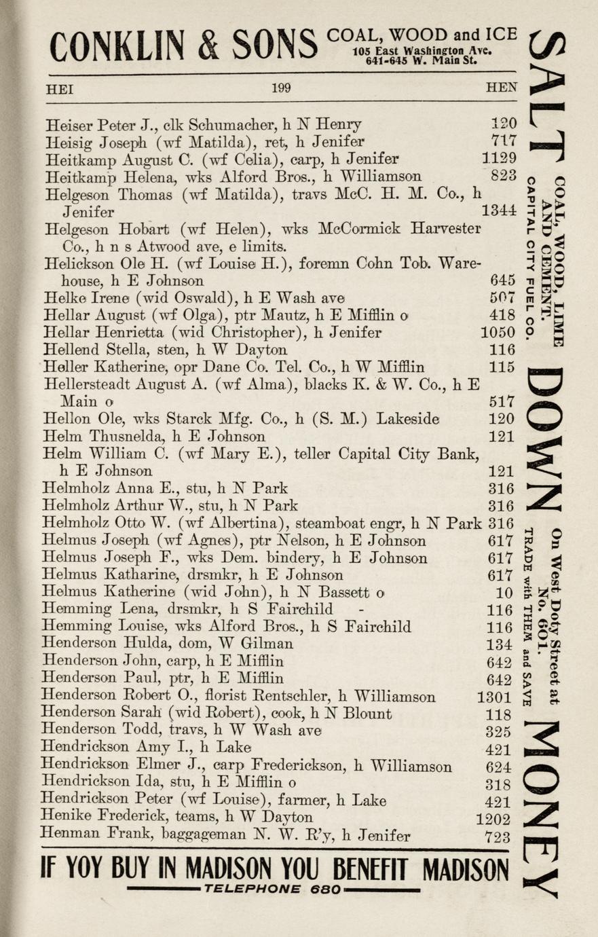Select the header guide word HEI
[x=59, y=88]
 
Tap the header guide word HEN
[x=502, y=88]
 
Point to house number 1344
[x=499, y=211]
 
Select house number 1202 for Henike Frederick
[x=493, y=818]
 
